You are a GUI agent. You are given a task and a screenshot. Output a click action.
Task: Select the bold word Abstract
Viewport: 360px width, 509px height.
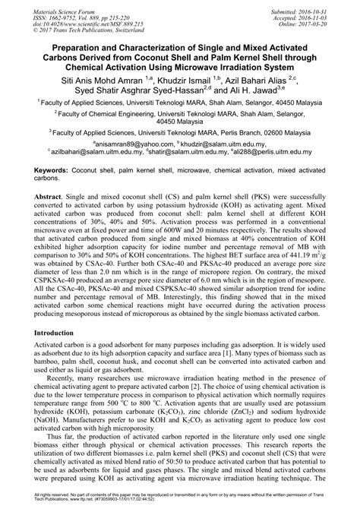47,195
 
